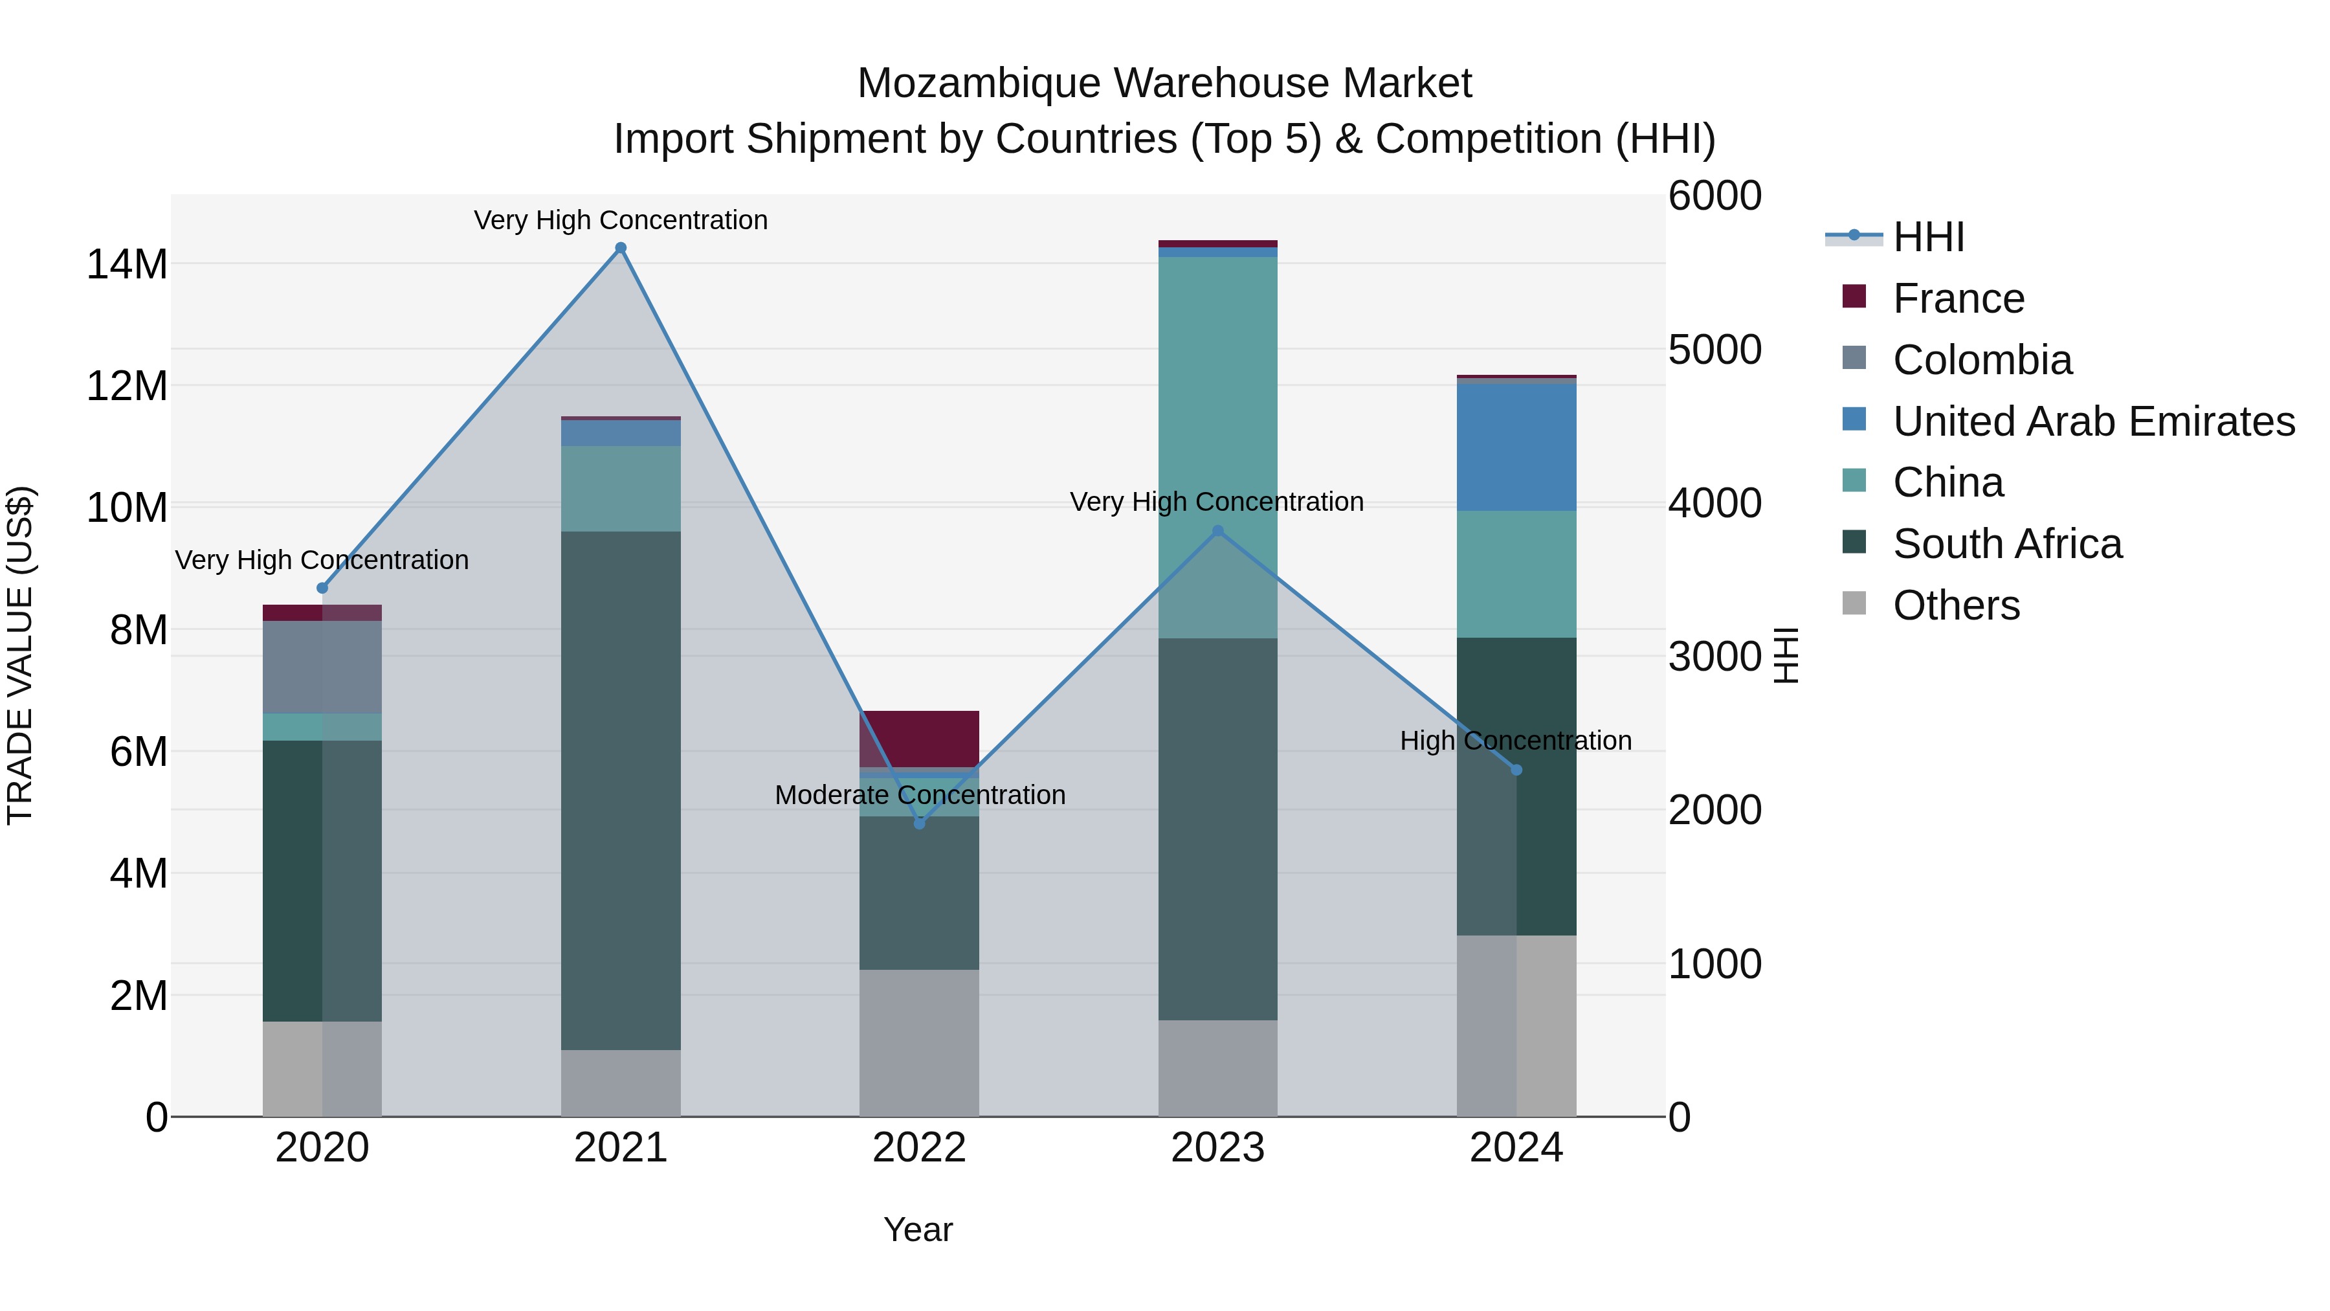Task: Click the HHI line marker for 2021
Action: (x=621, y=248)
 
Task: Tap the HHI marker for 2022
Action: (x=919, y=824)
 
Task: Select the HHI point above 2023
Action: (x=1217, y=531)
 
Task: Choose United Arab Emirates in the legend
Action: (x=2093, y=421)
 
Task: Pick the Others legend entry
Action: (x=1955, y=605)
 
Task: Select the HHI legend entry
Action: (x=1927, y=237)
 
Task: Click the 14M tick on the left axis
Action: (x=127, y=264)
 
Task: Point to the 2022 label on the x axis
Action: (x=919, y=1148)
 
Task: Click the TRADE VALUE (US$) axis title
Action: (x=20, y=655)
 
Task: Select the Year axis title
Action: (x=918, y=1229)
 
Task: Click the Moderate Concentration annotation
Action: (x=920, y=795)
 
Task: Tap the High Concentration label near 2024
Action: (x=1516, y=741)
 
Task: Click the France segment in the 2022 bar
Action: (x=919, y=738)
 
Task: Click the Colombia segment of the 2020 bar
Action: (x=322, y=667)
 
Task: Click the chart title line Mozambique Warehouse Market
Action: (x=1164, y=84)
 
